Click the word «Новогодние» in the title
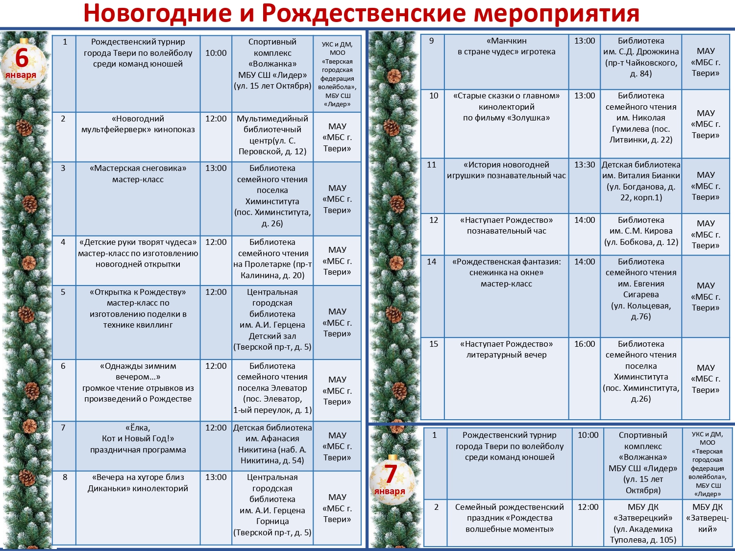click(x=157, y=13)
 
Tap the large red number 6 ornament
click(x=23, y=62)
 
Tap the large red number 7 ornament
click(x=391, y=479)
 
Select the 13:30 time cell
click(x=585, y=165)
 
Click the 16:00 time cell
click(x=585, y=344)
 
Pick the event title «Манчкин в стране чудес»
click(x=506, y=47)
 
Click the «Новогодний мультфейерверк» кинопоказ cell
click(x=138, y=124)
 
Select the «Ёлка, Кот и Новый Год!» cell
click(x=138, y=439)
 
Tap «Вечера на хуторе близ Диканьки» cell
click(x=138, y=483)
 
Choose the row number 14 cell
click(x=432, y=262)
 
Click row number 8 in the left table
click(x=65, y=478)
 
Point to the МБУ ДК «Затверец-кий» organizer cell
click(x=708, y=518)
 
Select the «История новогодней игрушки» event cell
click(x=506, y=170)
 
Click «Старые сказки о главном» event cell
click(x=506, y=107)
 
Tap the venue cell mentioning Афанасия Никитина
click(x=272, y=444)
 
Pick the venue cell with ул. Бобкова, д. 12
click(x=641, y=231)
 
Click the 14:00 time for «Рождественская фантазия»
click(x=585, y=262)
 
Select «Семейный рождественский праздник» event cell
click(x=509, y=518)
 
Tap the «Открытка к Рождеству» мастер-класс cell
click(x=138, y=309)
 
